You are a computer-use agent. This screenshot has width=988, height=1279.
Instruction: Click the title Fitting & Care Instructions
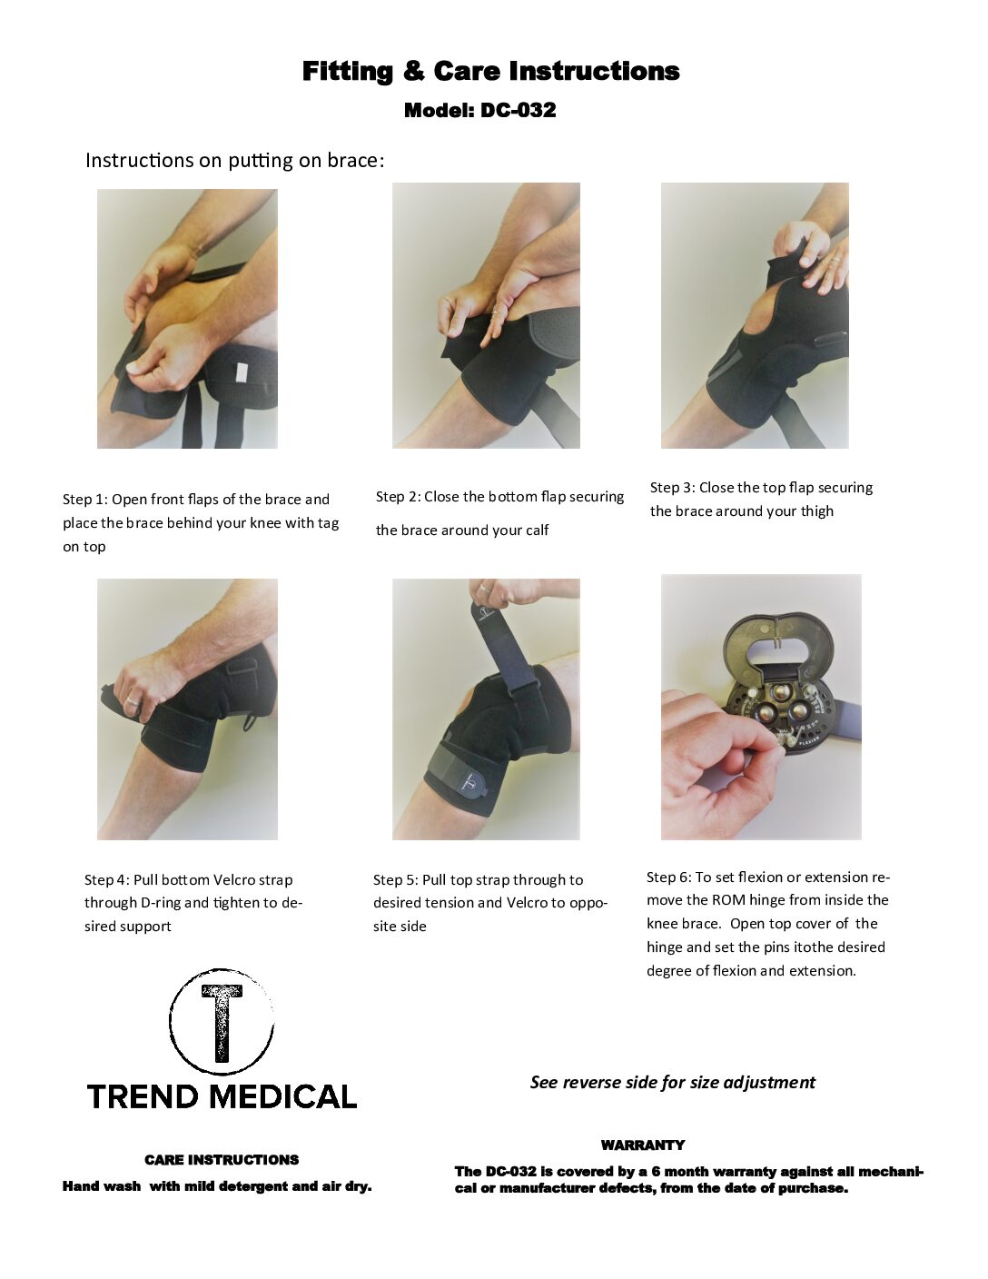point(490,72)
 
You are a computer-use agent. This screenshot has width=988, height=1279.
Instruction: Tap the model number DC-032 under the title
point(518,110)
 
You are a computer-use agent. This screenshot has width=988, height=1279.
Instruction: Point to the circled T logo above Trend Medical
point(222,1022)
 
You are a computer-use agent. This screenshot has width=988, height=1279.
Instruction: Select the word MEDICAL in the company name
point(283,1096)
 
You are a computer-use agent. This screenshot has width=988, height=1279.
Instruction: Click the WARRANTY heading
point(643,1145)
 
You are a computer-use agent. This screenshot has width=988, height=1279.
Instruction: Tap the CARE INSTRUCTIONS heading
point(222,1159)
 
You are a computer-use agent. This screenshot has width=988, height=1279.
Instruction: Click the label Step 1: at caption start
point(85,499)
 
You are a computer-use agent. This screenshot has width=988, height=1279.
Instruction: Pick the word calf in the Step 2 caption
point(537,530)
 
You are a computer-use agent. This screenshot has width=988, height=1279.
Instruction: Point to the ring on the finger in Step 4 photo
point(133,700)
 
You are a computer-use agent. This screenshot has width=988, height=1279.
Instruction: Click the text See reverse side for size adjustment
point(673,1083)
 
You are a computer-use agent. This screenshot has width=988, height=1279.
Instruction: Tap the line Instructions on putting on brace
point(235,160)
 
